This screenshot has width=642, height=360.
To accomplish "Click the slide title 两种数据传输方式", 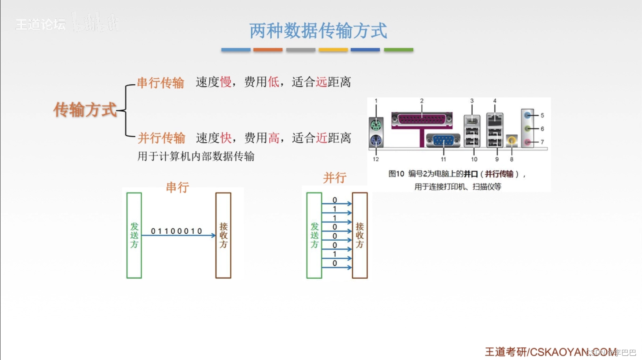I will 318,31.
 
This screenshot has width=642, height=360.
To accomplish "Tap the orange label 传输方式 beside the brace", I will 85,110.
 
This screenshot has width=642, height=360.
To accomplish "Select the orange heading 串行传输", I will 160,83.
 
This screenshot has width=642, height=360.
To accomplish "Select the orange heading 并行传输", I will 161,138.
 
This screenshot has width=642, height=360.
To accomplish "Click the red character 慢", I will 226,82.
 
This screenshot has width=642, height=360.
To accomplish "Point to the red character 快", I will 226,138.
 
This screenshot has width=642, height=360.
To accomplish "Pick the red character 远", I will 321,82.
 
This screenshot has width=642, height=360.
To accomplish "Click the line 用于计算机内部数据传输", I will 196,156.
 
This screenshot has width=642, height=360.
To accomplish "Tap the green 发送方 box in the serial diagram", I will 134,235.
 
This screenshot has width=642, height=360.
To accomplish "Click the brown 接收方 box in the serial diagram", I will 223,235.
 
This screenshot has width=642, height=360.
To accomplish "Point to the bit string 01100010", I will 177,231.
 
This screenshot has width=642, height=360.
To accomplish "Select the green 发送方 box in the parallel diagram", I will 314,235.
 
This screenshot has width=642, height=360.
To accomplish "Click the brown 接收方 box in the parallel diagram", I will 360,235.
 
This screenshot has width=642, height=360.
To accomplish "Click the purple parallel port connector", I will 422,119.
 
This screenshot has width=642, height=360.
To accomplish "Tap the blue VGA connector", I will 443,140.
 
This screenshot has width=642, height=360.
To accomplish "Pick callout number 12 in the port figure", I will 376,159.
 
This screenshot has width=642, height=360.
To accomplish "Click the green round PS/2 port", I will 376,126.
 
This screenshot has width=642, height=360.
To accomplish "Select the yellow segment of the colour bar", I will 333,50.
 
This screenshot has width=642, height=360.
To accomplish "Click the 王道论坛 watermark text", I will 40,25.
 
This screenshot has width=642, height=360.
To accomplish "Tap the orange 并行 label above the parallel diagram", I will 335,178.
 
